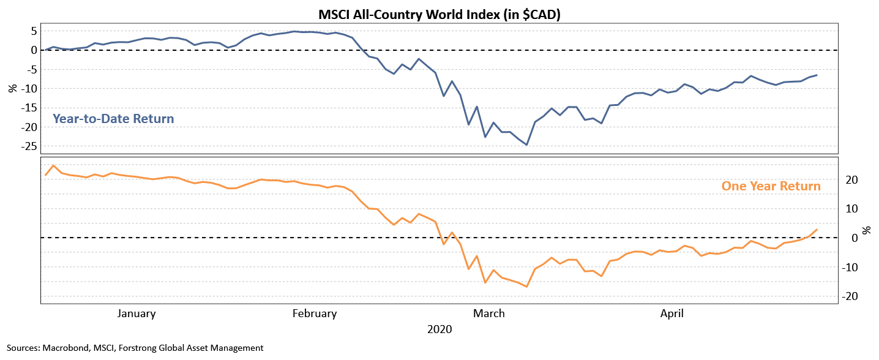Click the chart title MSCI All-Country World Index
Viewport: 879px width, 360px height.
click(439, 14)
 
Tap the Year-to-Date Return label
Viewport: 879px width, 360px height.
click(113, 118)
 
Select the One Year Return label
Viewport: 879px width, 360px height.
click(771, 186)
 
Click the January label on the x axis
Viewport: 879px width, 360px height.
click(136, 314)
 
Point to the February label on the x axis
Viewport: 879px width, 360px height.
click(315, 314)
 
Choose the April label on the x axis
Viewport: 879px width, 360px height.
click(672, 314)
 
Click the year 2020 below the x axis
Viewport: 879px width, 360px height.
click(439, 329)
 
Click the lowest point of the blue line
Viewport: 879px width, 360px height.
click(526, 145)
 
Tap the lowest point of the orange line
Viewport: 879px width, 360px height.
click(526, 287)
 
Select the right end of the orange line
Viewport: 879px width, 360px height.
click(817, 230)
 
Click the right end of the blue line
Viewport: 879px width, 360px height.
click(817, 75)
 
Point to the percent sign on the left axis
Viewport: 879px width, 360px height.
click(12, 88)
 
